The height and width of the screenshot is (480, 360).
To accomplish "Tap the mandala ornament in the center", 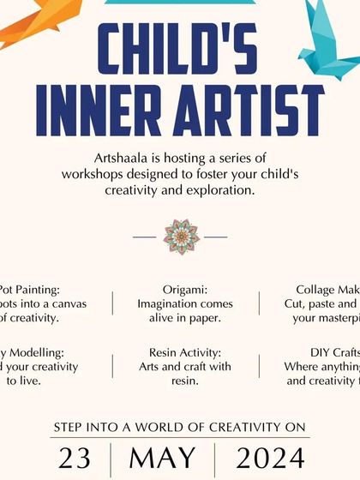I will point(181,235).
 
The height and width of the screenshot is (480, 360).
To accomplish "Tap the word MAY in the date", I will point(162,457).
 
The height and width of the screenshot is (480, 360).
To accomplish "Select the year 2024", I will point(270,457).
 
